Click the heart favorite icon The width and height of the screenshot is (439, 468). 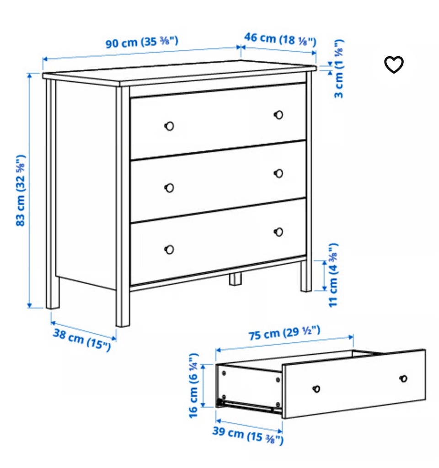(394, 64)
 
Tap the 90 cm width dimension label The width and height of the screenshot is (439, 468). (142, 42)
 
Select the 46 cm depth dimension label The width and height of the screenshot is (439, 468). (280, 39)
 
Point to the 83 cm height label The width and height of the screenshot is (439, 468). (21, 190)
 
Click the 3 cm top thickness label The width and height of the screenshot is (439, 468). (339, 69)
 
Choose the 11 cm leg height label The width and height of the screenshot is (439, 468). (333, 275)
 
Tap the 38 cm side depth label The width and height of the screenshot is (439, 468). (82, 340)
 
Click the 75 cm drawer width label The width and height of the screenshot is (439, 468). (284, 333)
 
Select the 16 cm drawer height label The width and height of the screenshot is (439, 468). (193, 386)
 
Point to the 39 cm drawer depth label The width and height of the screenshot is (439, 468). (248, 435)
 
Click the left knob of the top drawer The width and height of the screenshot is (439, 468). (169, 126)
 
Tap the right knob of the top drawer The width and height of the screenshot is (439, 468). (278, 115)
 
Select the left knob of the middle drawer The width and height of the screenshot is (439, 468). (169, 188)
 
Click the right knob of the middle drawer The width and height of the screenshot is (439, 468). (278, 173)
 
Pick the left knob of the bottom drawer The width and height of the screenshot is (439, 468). (169, 249)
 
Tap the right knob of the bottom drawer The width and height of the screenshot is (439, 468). (278, 232)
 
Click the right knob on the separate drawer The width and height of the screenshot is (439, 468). (403, 378)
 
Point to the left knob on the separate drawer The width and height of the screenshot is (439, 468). (316, 388)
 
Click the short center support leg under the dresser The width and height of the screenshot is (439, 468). (236, 279)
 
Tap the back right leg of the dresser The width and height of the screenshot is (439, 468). (306, 276)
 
